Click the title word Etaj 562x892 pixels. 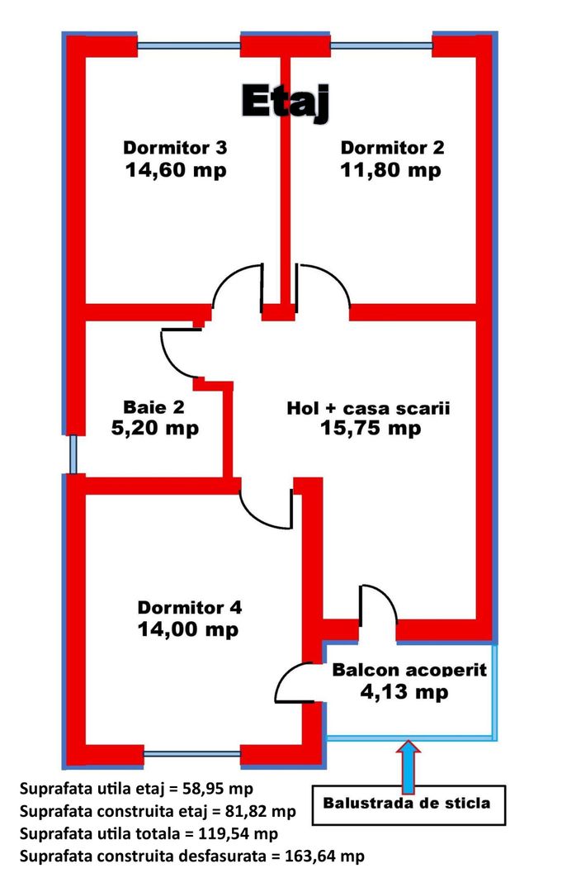point(286,103)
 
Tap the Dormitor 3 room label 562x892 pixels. point(175,147)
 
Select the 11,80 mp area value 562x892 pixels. point(391,169)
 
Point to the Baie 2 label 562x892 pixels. point(154,406)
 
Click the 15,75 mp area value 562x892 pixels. point(371,428)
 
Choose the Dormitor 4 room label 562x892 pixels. point(190,607)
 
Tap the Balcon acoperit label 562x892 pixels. point(409,670)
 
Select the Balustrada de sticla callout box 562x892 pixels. point(409,805)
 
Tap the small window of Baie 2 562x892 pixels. point(73,454)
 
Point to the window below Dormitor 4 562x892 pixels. point(191,754)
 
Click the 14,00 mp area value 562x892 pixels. point(188,629)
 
